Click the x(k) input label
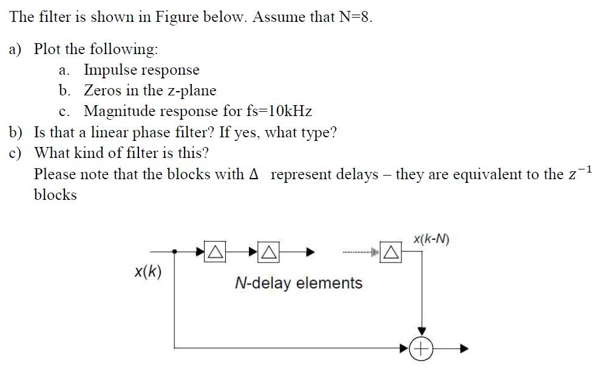[148, 272]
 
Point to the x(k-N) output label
[431, 239]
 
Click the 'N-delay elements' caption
[298, 283]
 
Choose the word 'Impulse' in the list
[109, 70]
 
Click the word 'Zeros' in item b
[103, 91]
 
